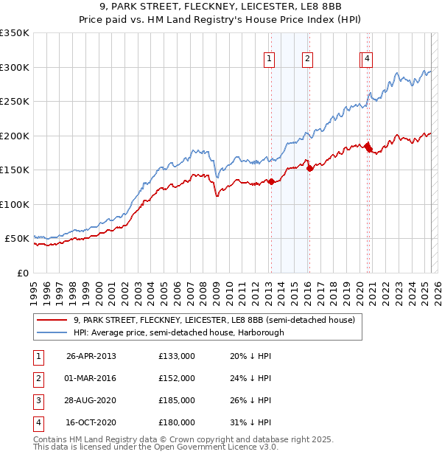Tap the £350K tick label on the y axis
click(15, 33)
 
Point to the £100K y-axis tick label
click(15, 204)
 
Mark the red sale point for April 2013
click(271, 181)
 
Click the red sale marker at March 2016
click(309, 168)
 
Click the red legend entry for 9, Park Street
click(214, 320)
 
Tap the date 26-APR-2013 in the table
click(91, 356)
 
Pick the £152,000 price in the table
click(177, 378)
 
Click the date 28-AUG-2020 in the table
click(91, 400)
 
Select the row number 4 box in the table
click(38, 422)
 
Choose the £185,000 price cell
click(177, 400)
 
